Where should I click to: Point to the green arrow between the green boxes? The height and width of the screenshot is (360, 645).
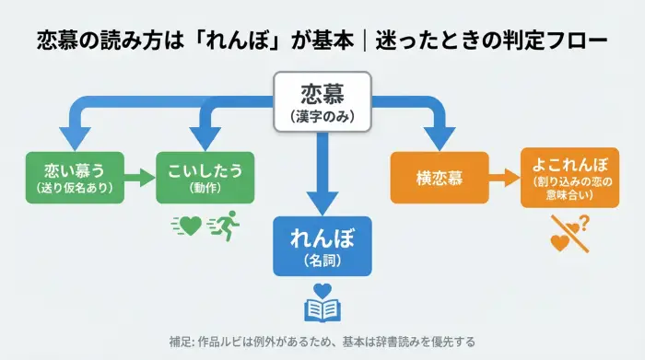pos(139,177)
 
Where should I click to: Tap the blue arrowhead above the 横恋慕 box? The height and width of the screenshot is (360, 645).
pos(437,137)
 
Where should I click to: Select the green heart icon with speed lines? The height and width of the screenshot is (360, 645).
pos(188,224)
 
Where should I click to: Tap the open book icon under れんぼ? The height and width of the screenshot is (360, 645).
pos(322,310)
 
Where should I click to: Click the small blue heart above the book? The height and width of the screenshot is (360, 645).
pos(322,290)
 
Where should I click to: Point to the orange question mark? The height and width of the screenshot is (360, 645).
pos(583,222)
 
